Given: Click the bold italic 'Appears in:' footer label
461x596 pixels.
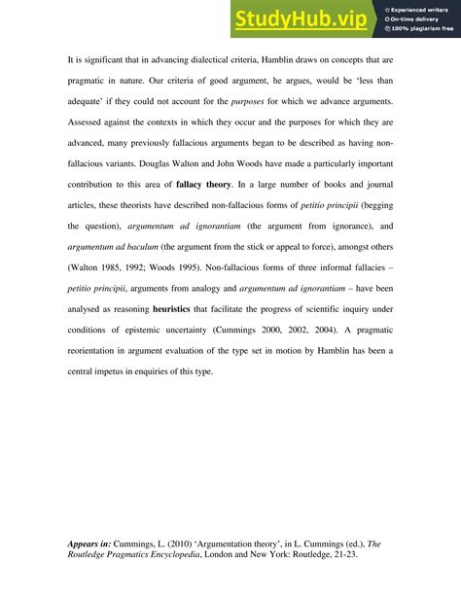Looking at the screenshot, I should click(89, 543).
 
